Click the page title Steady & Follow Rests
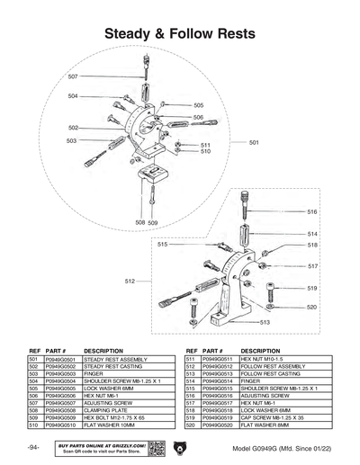[x=180, y=33]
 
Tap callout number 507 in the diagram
[x=73, y=77]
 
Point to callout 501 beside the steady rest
[x=254, y=143]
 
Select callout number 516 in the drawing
[x=311, y=212]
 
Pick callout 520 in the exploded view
[x=311, y=307]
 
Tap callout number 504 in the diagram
[x=73, y=96]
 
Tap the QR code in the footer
[x=156, y=447]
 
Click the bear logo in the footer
[x=177, y=447]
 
